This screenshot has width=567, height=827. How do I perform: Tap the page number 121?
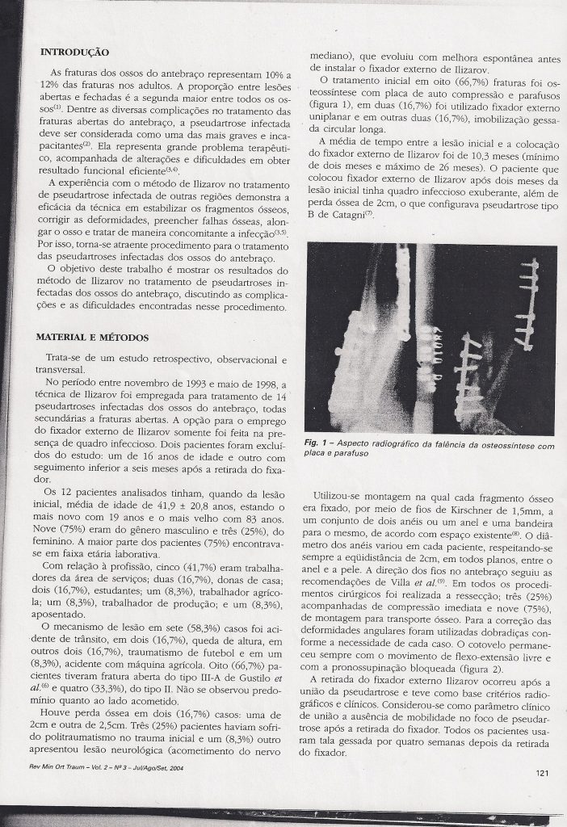542,772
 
